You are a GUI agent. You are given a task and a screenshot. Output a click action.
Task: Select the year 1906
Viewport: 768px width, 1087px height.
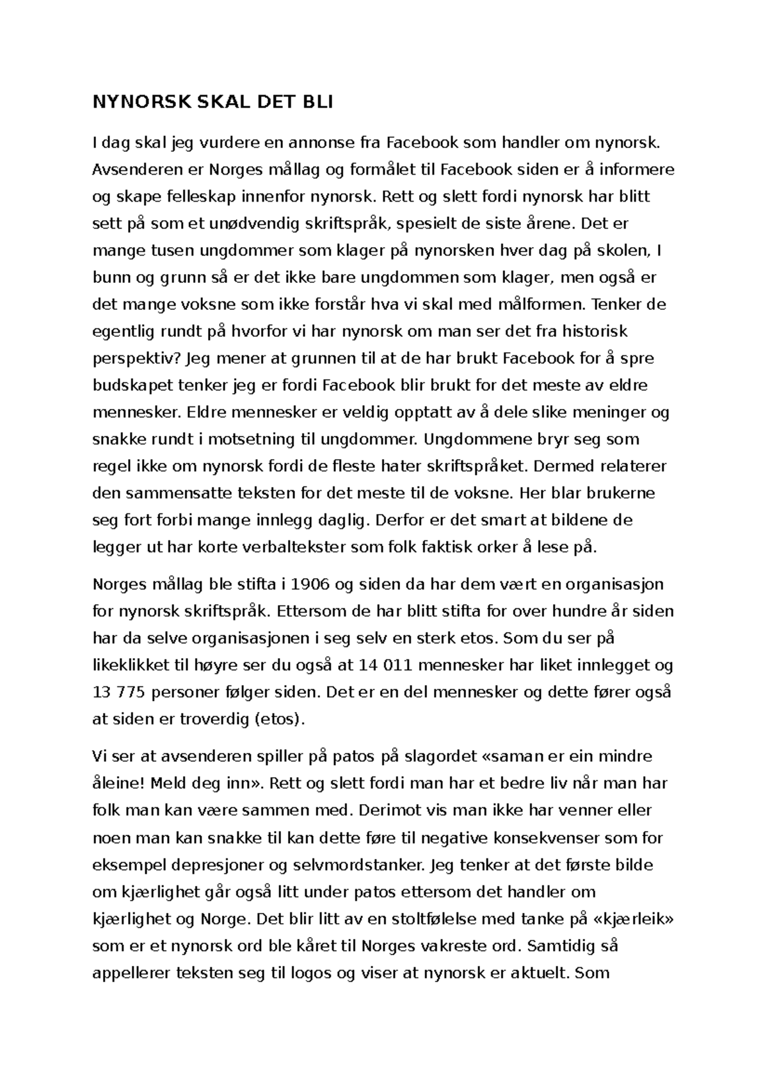310,584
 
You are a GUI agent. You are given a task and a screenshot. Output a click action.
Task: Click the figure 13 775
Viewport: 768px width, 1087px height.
116,692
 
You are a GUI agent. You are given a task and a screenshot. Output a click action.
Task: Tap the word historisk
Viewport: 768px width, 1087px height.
595,331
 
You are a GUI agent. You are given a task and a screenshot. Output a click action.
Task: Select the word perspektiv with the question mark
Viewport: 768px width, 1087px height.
136,358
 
